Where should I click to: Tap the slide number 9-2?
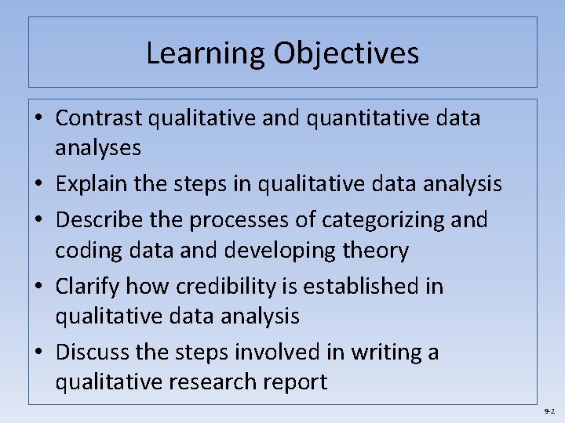(x=549, y=411)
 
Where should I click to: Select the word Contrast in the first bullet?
(x=99, y=118)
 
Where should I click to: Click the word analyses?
(x=98, y=147)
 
